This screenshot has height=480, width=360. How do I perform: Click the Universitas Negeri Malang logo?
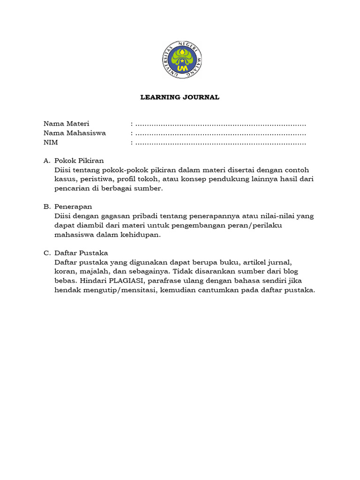[180, 60]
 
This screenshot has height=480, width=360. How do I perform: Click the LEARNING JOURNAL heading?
[180, 97]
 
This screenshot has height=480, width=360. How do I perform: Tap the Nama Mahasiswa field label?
[75, 133]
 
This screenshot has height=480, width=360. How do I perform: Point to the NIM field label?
[50, 142]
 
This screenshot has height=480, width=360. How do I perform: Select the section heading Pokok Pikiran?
[79, 160]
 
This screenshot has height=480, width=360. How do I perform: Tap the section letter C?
[47, 253]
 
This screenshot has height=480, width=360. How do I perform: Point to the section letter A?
[47, 160]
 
